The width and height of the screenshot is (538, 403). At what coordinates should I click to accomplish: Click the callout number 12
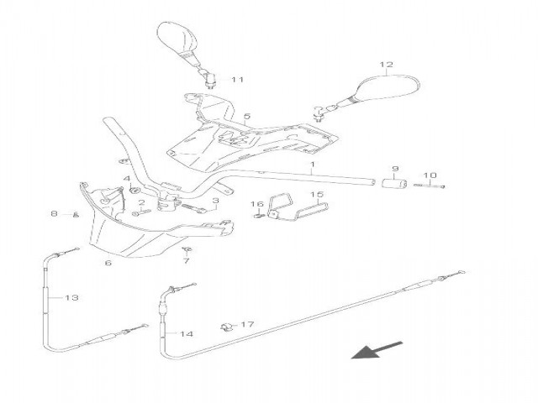(386, 65)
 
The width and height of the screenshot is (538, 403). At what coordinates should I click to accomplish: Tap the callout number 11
(237, 80)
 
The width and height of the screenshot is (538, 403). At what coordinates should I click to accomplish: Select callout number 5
(247, 116)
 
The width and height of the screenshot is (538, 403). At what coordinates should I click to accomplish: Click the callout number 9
(394, 169)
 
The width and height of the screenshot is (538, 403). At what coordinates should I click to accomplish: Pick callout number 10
(430, 175)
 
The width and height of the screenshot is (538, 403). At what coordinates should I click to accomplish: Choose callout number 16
(259, 204)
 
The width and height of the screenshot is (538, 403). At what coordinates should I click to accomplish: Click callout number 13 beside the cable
(71, 297)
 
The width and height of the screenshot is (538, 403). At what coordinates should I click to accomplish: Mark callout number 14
(187, 334)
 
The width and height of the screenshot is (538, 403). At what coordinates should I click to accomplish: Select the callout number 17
(246, 324)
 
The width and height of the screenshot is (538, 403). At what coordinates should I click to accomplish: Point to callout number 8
(54, 214)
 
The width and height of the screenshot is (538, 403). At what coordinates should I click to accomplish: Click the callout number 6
(108, 263)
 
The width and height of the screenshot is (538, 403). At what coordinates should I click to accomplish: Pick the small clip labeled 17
(224, 325)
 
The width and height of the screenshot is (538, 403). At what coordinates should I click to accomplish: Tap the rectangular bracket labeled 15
(305, 207)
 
